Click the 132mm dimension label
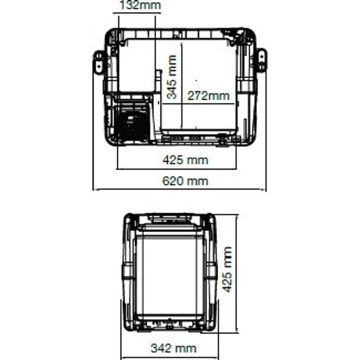(x=140, y=5)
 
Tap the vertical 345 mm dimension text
(x=172, y=77)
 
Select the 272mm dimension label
(x=208, y=96)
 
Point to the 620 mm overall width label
(x=185, y=181)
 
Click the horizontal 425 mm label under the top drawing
(x=185, y=160)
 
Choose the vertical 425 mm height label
(x=227, y=270)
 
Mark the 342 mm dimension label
(x=174, y=348)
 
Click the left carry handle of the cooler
(x=98, y=62)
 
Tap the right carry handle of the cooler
(x=262, y=60)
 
